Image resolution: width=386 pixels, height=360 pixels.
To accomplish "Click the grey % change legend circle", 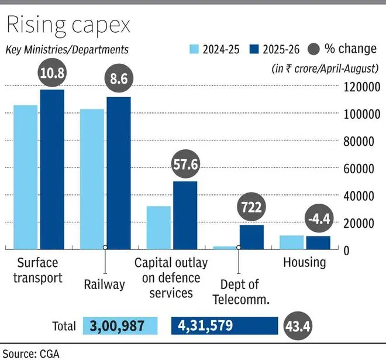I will [x=313, y=50].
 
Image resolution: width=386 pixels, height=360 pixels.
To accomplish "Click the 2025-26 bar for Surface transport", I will [x=52, y=170].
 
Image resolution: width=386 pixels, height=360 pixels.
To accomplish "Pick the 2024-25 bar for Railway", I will [x=92, y=179].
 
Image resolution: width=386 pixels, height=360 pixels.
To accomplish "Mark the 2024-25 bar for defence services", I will [x=158, y=228].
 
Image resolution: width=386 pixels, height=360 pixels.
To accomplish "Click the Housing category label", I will [x=304, y=262].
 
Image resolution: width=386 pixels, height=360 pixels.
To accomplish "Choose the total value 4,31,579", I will [x=224, y=326].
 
